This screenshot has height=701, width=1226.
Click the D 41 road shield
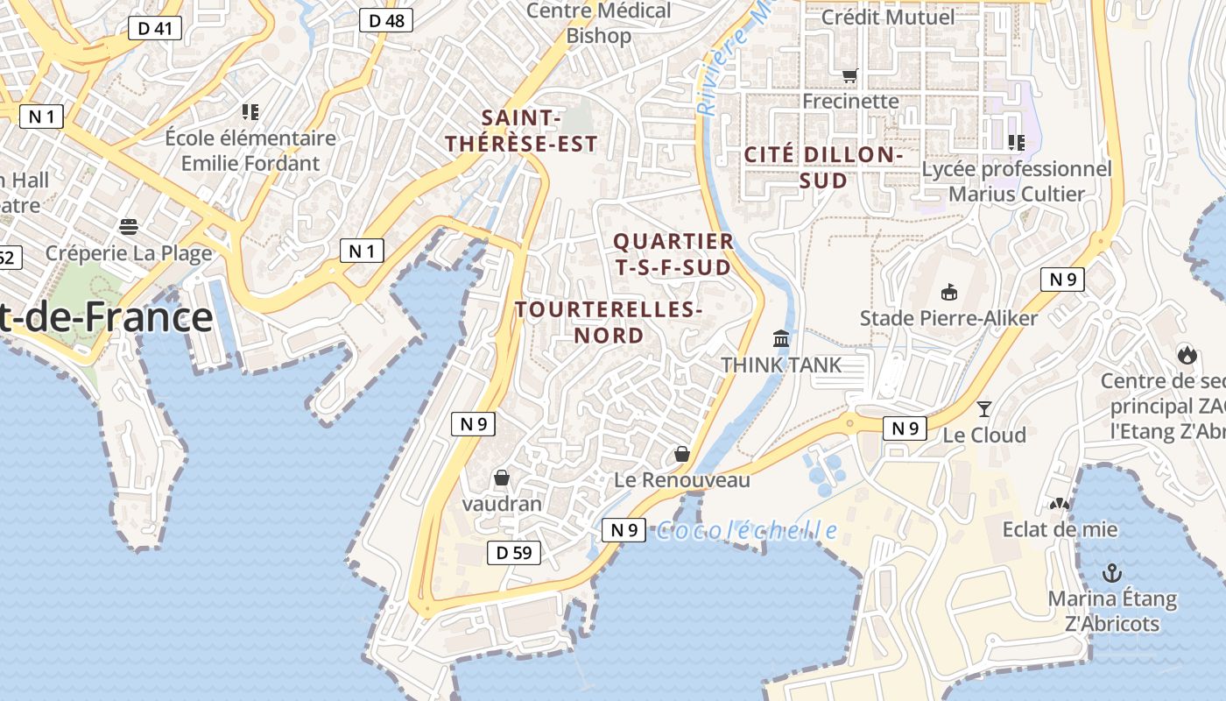click(x=155, y=29)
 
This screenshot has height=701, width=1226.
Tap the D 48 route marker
click(x=386, y=20)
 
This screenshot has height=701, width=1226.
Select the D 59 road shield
click(x=513, y=552)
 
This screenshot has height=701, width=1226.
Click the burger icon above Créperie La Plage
click(x=129, y=228)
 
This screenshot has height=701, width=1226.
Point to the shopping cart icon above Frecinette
click(x=849, y=76)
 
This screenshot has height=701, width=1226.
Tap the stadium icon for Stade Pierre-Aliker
click(x=948, y=292)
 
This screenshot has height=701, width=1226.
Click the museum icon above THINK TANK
click(x=780, y=338)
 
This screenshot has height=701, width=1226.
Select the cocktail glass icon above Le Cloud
click(x=984, y=408)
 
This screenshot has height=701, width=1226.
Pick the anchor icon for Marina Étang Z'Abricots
click(x=1111, y=574)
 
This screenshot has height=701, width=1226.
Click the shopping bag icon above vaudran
click(x=502, y=478)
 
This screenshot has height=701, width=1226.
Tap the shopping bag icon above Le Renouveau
click(x=682, y=454)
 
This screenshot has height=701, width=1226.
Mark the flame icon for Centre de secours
click(x=1187, y=354)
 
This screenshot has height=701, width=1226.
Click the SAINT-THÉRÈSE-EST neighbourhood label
click(x=521, y=131)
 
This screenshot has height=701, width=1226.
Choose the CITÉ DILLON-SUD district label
click(x=822, y=167)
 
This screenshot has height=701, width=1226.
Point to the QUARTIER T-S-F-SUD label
click(x=673, y=254)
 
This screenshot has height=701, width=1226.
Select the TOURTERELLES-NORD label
click(x=609, y=322)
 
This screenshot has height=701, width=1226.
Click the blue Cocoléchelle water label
click(x=746, y=530)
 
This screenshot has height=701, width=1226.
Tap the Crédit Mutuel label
click(x=888, y=17)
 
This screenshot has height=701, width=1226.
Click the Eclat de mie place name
click(x=1060, y=529)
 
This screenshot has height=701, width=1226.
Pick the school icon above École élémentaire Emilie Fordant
click(x=250, y=111)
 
